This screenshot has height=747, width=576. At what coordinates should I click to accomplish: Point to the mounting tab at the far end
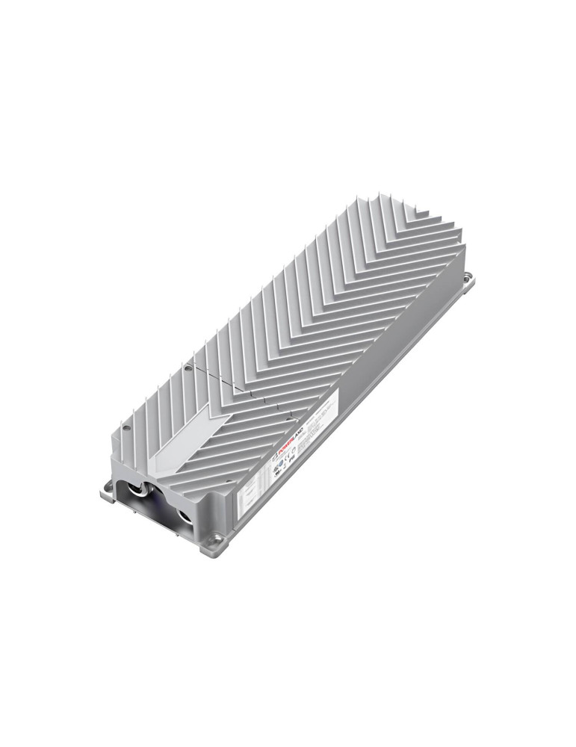[x=468, y=278]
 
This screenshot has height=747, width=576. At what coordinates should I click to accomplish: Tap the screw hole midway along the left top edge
[x=187, y=368]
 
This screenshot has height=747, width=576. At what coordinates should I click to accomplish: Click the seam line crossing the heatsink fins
[x=239, y=388]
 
